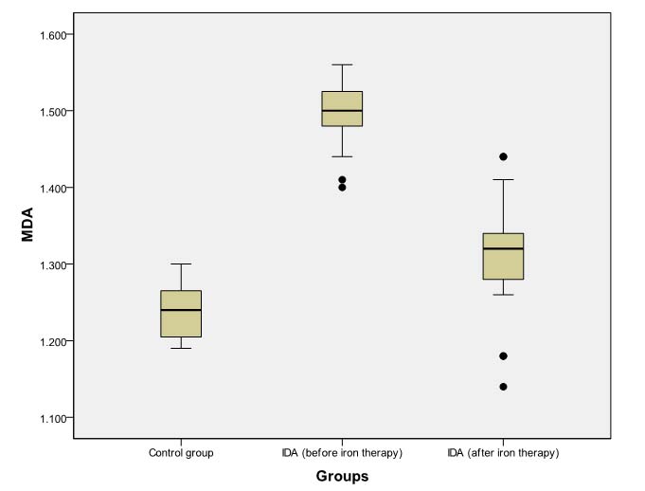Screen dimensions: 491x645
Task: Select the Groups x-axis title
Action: pyautogui.click(x=342, y=476)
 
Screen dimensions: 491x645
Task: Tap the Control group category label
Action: pyautogui.click(x=181, y=453)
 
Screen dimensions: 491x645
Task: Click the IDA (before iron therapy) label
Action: pyautogui.click(x=342, y=453)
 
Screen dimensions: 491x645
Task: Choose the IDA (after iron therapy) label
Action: pyautogui.click(x=503, y=453)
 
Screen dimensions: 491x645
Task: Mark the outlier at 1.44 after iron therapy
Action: pyautogui.click(x=503, y=156)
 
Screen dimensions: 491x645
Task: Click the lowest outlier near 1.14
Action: pyautogui.click(x=503, y=387)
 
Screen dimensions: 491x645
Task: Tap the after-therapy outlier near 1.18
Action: pyautogui.click(x=503, y=355)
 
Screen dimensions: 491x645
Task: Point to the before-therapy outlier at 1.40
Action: pyautogui.click(x=342, y=188)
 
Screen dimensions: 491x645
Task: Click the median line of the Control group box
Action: pyautogui.click(x=181, y=310)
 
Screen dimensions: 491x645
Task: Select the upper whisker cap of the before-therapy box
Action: pyautogui.click(x=342, y=64)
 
